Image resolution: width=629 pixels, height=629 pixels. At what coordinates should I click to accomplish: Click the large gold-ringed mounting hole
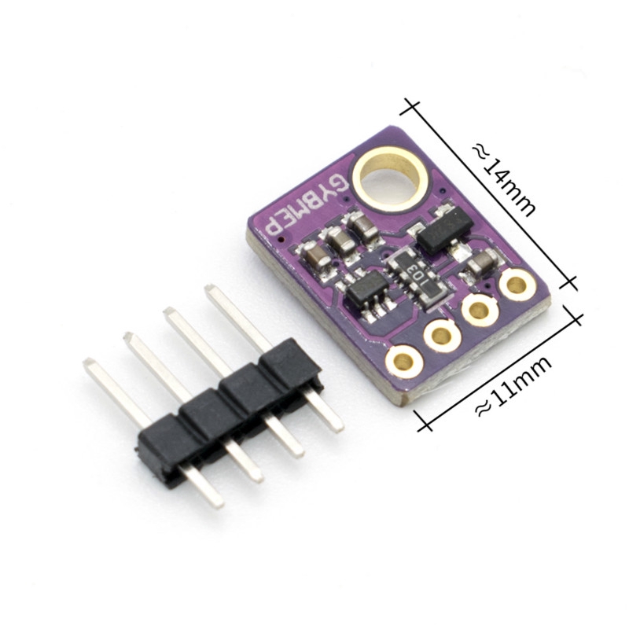tap(388, 176)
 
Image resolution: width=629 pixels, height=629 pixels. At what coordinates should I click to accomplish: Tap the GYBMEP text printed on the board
tap(304, 208)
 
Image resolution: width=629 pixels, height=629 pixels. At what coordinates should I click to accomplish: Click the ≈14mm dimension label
tap(504, 181)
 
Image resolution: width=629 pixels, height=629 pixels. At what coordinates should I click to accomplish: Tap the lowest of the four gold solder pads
tap(404, 362)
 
